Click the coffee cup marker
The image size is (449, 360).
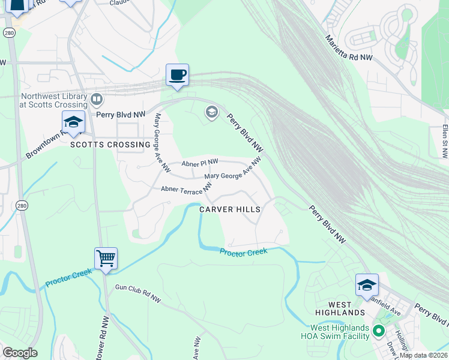[177, 76]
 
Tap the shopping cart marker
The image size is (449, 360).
[106, 259]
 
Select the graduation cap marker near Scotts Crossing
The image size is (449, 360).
[73, 122]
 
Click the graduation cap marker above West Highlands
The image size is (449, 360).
[367, 285]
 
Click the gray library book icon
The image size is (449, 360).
[97, 99]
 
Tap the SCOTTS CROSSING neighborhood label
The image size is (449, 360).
[110, 145]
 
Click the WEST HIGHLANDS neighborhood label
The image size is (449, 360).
[340, 313]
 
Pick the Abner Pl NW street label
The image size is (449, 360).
[200, 163]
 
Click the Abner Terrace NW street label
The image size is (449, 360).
[187, 189]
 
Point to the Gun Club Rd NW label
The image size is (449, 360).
[139, 294]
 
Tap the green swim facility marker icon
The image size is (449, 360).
[378, 331]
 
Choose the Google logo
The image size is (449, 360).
[20, 353]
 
